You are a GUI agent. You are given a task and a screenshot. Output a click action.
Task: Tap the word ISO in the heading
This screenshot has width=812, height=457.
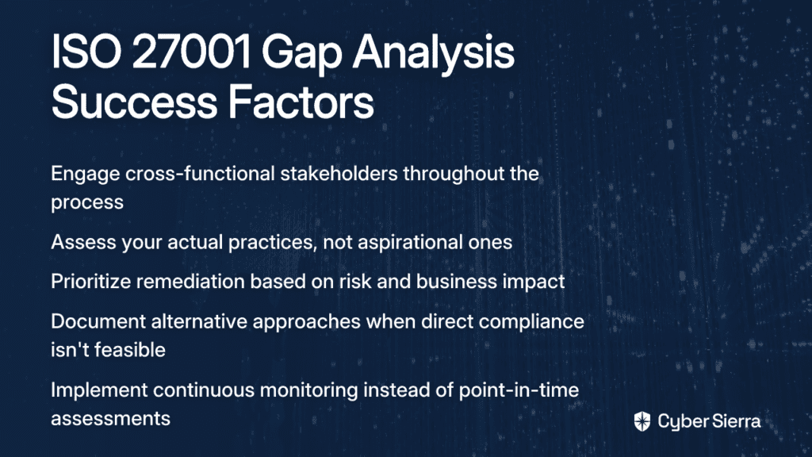(86, 52)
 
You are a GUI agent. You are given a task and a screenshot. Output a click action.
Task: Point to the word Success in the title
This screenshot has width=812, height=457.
(134, 102)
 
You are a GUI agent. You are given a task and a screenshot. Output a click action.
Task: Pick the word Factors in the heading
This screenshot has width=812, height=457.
(301, 102)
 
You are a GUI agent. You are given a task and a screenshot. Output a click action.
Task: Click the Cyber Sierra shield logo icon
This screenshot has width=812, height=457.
(642, 421)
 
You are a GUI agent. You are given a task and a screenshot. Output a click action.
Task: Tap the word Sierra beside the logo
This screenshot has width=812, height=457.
(735, 421)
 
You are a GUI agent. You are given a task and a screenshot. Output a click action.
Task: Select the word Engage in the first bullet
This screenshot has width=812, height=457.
(86, 175)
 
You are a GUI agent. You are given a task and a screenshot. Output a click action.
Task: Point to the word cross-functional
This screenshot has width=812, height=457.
(200, 173)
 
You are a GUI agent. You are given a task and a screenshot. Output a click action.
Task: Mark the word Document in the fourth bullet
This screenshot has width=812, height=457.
(98, 322)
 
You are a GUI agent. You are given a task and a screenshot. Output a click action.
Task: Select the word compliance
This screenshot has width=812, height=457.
(531, 324)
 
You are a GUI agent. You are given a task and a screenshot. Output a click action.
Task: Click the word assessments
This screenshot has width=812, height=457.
(110, 419)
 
